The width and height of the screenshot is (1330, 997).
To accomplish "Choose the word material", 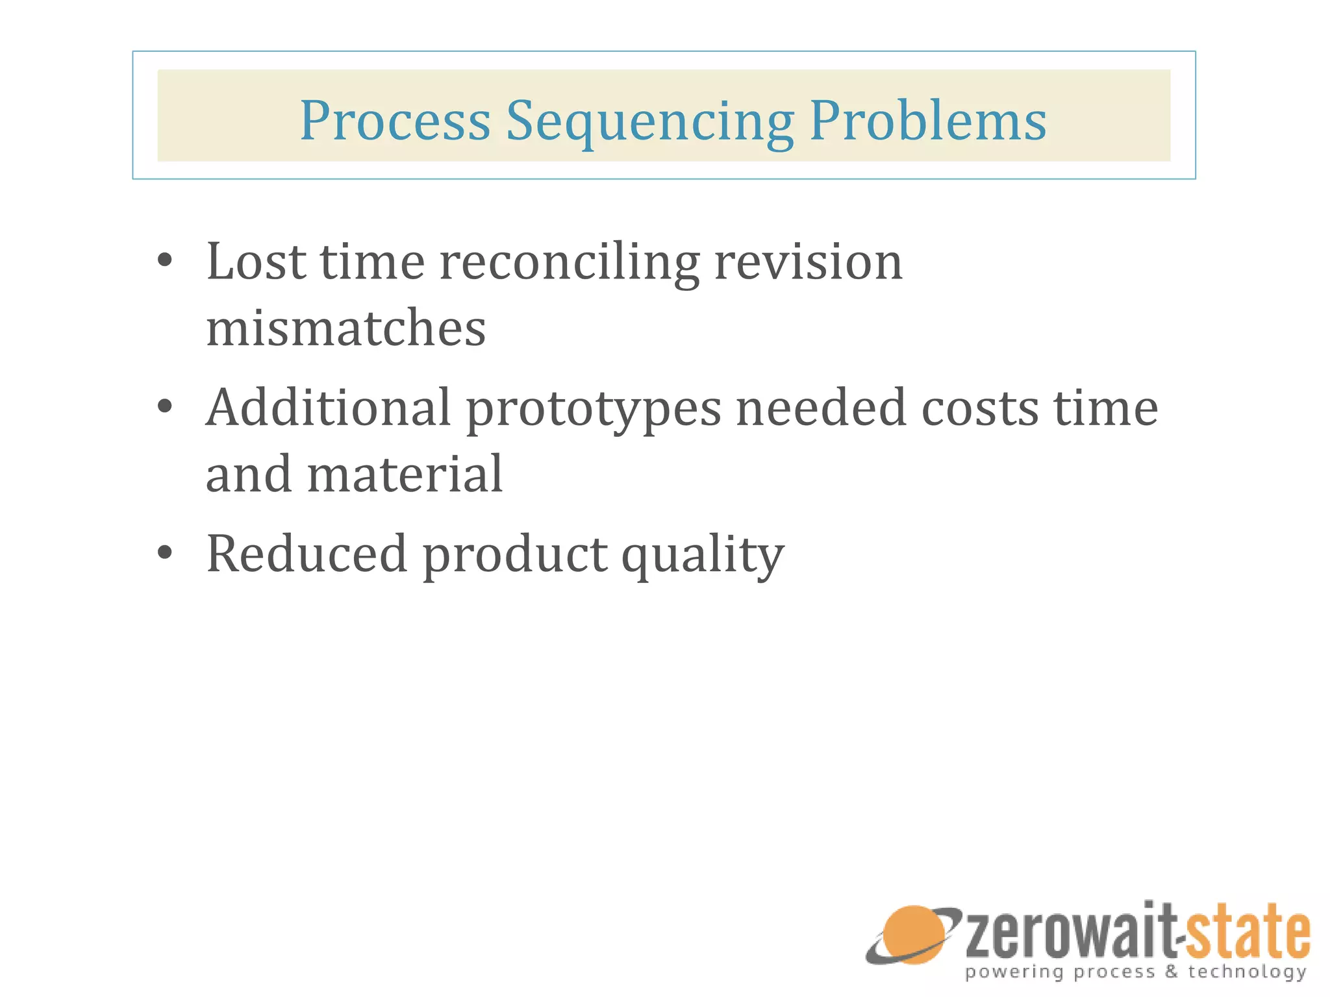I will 405,474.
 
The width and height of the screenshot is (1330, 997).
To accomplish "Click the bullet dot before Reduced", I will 165,553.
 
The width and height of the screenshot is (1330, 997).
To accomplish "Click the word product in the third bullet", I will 515,555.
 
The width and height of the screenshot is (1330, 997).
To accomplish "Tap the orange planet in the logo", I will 912,935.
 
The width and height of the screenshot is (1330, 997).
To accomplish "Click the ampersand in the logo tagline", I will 1172,972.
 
